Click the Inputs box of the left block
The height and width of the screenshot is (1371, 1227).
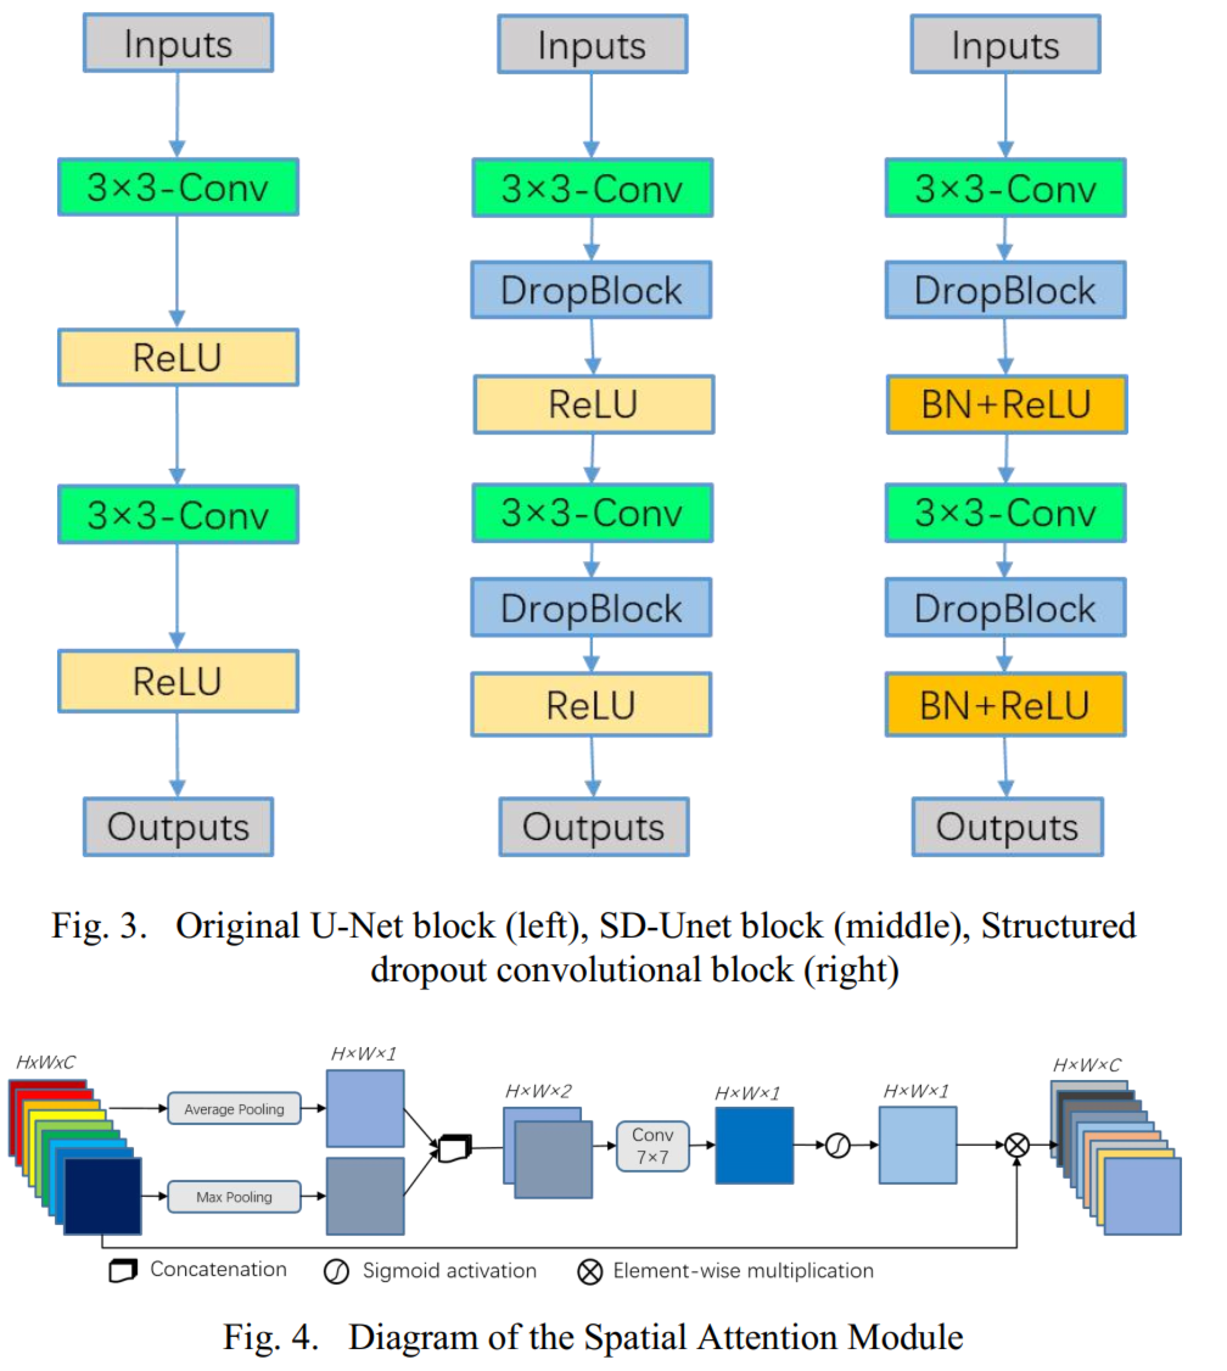[x=178, y=43]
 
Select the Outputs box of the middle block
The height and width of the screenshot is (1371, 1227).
[x=593, y=827]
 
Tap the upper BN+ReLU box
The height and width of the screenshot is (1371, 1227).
[x=1006, y=405]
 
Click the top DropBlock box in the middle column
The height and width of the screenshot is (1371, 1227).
[x=591, y=290]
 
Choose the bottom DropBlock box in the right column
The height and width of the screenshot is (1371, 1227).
[x=1004, y=608]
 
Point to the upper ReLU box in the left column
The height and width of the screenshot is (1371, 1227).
[x=178, y=357]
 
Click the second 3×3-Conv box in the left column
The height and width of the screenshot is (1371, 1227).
[x=178, y=514]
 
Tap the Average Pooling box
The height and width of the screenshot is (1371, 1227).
[x=234, y=1109]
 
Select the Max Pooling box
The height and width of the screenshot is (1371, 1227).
[x=234, y=1196]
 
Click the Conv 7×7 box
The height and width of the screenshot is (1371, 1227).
[x=652, y=1146]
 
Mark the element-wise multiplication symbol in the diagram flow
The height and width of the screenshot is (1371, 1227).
[x=1016, y=1145]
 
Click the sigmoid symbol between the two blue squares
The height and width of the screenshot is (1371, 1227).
[x=837, y=1145]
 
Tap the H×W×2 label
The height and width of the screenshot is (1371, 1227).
[x=538, y=1090]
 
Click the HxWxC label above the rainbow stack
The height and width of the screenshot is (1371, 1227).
[x=46, y=1062]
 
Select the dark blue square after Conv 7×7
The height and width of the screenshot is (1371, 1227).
[x=753, y=1145]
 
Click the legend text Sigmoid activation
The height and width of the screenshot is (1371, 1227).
[x=449, y=1271]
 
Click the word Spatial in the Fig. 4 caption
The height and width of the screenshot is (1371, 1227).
[x=635, y=1338]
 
